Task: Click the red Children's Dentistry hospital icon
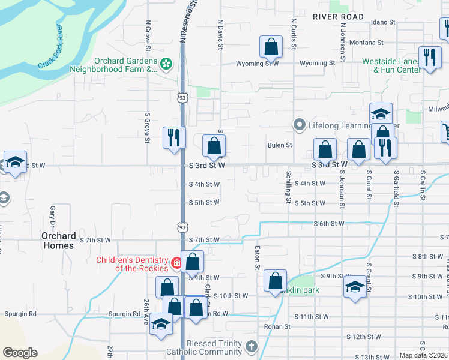click(x=176, y=262)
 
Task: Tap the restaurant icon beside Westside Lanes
click(x=429, y=57)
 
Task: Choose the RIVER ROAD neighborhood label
click(x=338, y=17)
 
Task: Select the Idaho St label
click(x=383, y=22)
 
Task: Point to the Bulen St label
click(x=279, y=145)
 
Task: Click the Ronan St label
click(x=277, y=327)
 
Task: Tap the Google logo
click(x=20, y=353)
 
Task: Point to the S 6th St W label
click(x=329, y=223)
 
